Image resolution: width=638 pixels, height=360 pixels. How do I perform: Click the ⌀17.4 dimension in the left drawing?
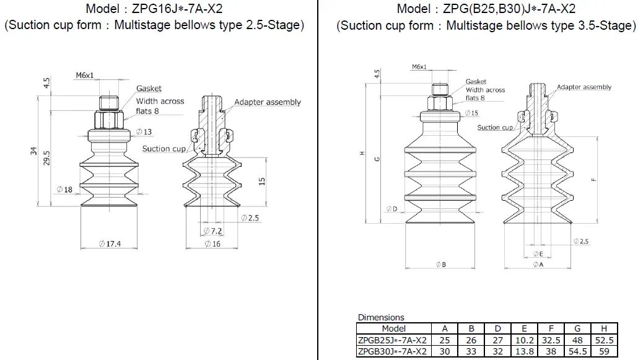click(x=110, y=244)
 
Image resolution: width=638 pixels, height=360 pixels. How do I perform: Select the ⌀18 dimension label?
click(x=64, y=190)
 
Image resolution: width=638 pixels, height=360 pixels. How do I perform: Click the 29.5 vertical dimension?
click(x=47, y=158)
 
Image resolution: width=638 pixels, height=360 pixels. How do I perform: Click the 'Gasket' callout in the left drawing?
click(x=149, y=89)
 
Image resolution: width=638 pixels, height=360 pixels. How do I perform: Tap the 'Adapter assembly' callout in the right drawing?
click(x=583, y=87)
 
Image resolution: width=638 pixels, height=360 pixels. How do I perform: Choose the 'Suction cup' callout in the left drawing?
click(x=164, y=149)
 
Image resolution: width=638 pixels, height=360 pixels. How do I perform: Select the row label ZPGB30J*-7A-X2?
click(x=392, y=351)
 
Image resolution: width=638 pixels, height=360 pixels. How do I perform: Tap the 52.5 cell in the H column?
click(x=603, y=340)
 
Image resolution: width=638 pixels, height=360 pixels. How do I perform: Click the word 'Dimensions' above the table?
click(x=380, y=318)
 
